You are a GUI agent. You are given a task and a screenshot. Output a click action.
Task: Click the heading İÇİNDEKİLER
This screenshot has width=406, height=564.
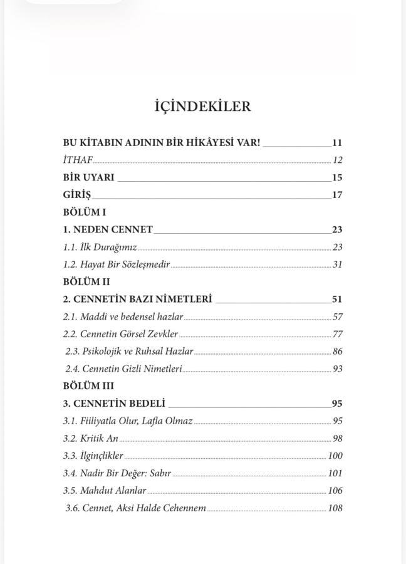pos(202,107)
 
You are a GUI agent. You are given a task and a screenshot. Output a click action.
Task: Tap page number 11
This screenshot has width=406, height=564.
pos(337,142)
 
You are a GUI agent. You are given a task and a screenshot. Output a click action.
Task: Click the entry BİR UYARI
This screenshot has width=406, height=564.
pos(89,177)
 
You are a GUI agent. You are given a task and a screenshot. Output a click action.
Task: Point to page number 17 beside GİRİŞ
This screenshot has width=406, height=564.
pos(337,195)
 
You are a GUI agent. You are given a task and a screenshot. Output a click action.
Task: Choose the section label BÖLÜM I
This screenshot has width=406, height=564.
pos(85,212)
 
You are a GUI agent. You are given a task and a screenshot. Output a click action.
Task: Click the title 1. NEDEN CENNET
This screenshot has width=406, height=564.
pos(108,229)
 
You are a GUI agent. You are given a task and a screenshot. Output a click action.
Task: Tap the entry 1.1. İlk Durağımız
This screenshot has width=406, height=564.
pos(100,247)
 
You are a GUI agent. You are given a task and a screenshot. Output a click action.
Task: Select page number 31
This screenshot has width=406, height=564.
pos(337,264)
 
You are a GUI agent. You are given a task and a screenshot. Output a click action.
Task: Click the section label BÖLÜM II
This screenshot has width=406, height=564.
pos(86,282)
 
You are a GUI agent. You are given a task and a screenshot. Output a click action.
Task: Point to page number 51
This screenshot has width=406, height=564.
pos(337,300)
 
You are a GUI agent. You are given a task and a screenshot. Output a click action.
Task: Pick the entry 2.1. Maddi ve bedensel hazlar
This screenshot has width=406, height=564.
pos(123,317)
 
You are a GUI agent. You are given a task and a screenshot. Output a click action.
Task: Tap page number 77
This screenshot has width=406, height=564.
pos(337,334)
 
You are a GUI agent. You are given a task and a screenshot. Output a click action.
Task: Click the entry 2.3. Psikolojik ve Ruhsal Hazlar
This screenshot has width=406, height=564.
pos(129,352)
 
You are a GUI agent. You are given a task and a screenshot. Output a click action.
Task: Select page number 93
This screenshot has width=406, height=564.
pos(337,369)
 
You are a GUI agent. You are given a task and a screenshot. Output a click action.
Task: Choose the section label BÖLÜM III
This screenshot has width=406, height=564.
pos(88,387)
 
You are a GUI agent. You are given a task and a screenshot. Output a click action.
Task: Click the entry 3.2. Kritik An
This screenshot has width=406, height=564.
pos(90,439)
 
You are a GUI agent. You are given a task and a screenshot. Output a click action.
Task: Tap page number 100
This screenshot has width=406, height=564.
pos(335,456)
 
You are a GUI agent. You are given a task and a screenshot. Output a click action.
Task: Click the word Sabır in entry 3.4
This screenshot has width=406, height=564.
pos(160,473)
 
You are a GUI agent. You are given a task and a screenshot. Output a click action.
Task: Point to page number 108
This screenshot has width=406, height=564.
pos(335,508)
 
